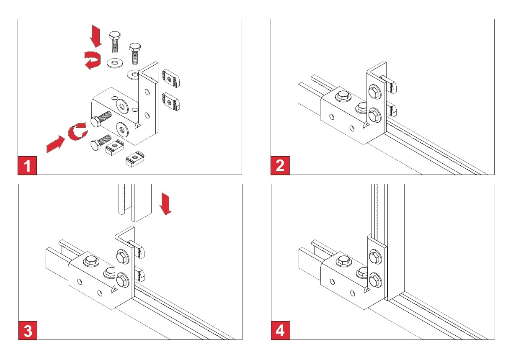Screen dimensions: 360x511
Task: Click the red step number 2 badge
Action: [x=280, y=166]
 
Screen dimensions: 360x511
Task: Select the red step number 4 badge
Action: [x=280, y=331]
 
